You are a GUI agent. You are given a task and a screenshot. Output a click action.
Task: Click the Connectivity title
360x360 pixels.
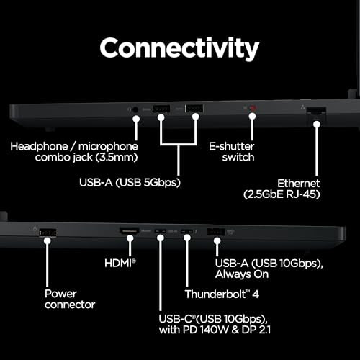[179, 49]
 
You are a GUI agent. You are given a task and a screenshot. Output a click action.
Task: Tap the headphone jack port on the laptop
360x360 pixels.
[135, 110]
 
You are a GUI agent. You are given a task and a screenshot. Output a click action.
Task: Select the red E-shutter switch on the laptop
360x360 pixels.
[253, 108]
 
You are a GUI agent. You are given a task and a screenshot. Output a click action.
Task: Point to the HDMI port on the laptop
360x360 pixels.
[130, 231]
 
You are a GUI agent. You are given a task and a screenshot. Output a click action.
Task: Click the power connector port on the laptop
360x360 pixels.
[48, 233]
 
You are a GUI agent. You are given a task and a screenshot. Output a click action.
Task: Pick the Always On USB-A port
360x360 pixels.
[216, 232]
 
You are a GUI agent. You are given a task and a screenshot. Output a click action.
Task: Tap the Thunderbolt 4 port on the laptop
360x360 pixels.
[187, 232]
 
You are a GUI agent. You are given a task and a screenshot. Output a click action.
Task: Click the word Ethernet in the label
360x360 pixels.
[298, 184]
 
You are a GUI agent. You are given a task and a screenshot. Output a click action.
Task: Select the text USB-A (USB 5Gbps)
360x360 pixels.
[130, 182]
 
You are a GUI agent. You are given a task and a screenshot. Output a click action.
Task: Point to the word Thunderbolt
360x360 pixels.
[215, 294]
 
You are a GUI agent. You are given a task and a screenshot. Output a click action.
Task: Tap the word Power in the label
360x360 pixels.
[60, 294]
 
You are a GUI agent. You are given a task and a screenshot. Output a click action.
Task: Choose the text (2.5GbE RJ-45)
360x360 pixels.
[282, 194]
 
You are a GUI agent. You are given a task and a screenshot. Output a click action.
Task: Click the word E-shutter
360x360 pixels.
[231, 146]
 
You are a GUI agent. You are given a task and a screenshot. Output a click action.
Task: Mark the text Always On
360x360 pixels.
[242, 274]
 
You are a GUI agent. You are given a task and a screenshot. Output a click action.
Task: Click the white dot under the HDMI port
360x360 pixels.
[130, 238]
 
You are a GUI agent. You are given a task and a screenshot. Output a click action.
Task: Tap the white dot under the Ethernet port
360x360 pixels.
[317, 125]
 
